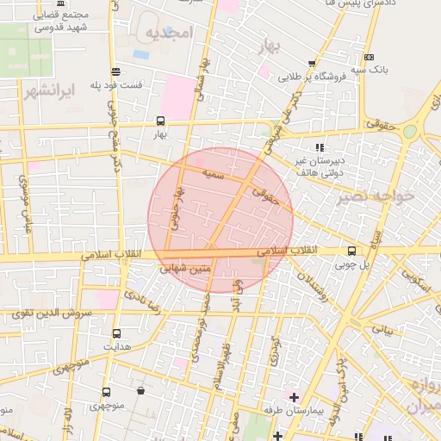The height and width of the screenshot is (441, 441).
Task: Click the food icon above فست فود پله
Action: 115,71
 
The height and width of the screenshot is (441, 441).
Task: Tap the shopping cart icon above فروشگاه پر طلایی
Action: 311,63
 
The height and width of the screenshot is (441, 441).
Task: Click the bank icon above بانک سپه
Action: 370,57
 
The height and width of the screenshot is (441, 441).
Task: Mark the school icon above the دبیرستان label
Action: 320,147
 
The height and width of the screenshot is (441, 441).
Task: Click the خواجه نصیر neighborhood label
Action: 376,196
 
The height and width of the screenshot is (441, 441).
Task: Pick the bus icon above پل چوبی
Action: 351,252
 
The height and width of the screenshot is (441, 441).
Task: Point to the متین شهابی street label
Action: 186,269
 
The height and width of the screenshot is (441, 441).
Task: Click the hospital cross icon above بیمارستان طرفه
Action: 295,398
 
